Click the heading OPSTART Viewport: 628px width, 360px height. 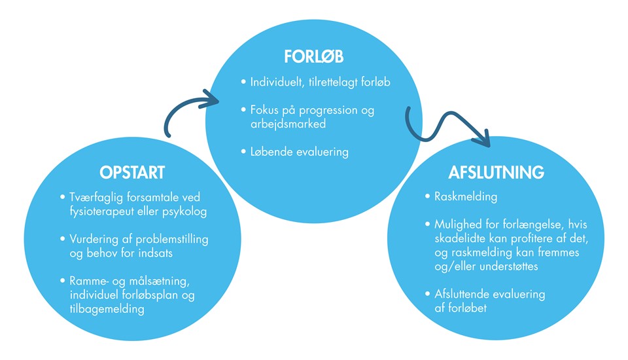(132, 172)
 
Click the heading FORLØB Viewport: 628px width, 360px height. (314, 56)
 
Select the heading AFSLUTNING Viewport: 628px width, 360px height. (497, 172)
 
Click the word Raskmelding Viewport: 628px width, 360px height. (466, 197)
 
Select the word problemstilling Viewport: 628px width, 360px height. (172, 240)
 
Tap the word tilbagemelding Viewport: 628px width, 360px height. (107, 309)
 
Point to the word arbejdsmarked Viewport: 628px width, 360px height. (288, 124)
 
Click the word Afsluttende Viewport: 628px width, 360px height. (463, 295)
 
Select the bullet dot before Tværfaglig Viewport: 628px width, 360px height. (63, 197)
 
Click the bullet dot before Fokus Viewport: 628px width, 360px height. (243, 109)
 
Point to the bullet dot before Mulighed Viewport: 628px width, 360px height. (428, 224)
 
